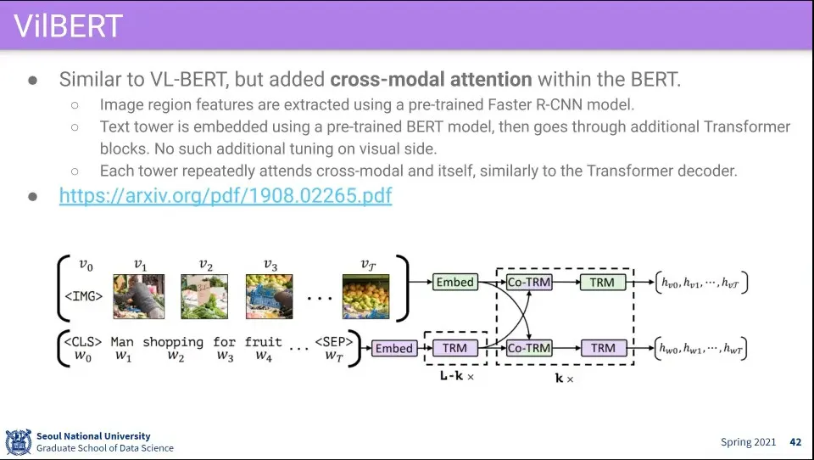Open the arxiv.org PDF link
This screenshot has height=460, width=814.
click(x=225, y=195)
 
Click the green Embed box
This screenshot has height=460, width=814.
click(x=454, y=282)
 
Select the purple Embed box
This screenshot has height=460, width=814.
click(x=393, y=348)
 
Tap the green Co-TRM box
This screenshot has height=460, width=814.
click(x=529, y=282)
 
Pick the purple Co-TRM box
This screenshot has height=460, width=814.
click(x=528, y=348)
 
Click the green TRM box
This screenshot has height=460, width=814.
click(x=603, y=282)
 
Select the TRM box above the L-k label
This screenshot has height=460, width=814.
click(x=454, y=348)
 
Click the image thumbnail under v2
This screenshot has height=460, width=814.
click(x=204, y=296)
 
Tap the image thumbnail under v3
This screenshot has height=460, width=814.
click(x=269, y=296)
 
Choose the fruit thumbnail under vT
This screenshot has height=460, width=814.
click(x=365, y=296)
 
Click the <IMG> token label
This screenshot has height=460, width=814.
click(x=84, y=297)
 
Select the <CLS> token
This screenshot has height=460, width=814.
click(x=84, y=342)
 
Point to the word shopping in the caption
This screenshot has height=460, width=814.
click(x=173, y=342)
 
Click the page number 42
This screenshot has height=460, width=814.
click(x=795, y=442)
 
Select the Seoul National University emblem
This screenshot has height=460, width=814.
click(x=18, y=442)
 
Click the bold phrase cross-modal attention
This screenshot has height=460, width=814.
click(x=431, y=80)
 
